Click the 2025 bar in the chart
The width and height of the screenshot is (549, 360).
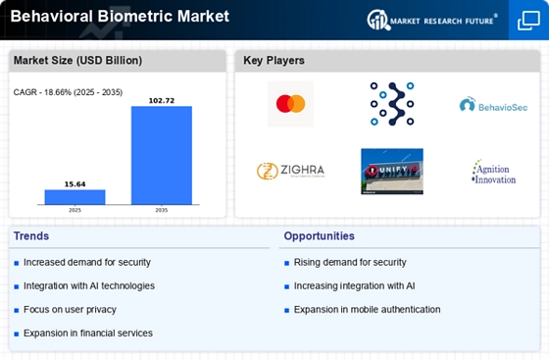coord(75,197)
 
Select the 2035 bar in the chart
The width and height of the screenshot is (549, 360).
coord(162,155)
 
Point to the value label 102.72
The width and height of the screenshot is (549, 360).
coord(162,101)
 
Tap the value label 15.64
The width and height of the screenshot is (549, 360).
coord(75,184)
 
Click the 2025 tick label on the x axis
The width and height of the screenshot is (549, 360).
coord(75,210)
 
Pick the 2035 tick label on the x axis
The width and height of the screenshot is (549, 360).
coord(162,210)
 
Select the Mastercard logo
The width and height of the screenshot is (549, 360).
coord(290,104)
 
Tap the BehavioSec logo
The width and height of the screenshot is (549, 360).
coord(493,105)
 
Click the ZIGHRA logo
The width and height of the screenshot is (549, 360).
coord(290,171)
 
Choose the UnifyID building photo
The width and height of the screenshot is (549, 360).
coord(392,172)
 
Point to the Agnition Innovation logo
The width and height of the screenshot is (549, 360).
coord(494,172)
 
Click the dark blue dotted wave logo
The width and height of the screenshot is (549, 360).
coord(392,104)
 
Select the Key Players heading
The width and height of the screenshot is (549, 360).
coord(274,61)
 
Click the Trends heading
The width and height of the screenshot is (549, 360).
coord(31,236)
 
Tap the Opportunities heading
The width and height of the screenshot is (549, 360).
coord(319,236)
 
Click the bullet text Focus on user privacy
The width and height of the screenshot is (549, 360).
coord(70,310)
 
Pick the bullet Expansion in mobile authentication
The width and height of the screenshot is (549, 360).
coord(368,310)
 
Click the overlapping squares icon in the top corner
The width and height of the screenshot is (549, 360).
coord(528,21)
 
